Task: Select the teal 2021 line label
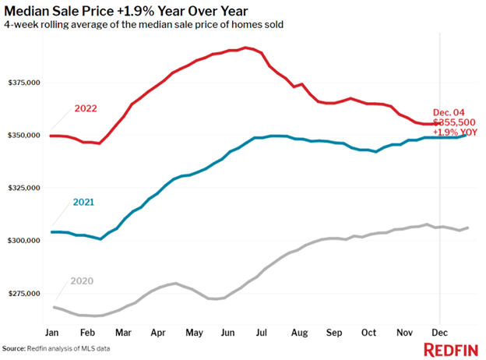tap(83, 203)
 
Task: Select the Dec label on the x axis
tap(441, 332)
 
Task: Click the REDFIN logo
tap(451, 349)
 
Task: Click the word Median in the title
tap(30, 11)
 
